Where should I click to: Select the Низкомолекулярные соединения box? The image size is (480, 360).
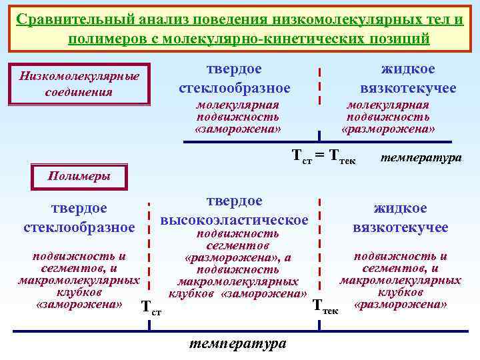point(79,84)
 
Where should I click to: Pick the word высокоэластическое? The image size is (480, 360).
point(235,219)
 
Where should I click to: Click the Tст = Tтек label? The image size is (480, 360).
point(324,157)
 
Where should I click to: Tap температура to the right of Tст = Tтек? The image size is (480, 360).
point(421,159)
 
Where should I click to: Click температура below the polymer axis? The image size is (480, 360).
point(237,343)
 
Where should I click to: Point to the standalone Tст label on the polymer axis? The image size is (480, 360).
point(152,308)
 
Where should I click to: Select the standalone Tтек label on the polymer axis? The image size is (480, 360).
point(326,308)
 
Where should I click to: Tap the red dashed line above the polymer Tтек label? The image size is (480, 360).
point(321,247)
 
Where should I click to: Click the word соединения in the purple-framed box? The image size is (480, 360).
point(79,91)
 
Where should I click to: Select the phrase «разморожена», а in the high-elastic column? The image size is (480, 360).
point(237,257)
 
